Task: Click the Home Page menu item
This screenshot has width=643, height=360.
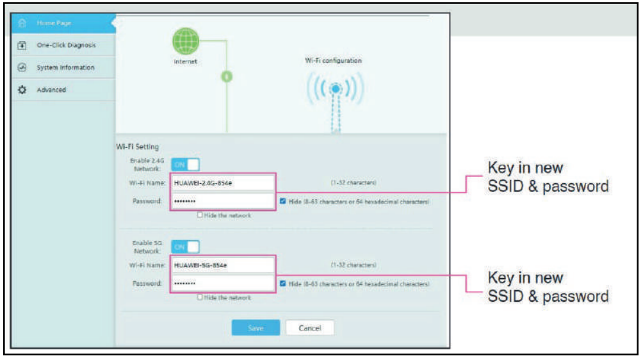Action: (x=54, y=23)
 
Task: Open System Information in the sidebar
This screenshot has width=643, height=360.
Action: (x=65, y=67)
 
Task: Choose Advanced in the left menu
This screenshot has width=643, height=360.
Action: (x=51, y=90)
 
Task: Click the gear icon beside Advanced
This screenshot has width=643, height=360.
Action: (x=22, y=90)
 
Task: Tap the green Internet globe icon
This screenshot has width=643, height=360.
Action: (x=185, y=42)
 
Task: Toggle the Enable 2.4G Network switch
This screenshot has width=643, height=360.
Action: (x=185, y=165)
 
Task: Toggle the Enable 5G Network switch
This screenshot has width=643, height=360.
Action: (x=185, y=247)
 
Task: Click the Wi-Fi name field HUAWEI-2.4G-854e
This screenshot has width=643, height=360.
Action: (x=222, y=183)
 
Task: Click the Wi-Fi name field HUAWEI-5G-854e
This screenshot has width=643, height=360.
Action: (x=222, y=265)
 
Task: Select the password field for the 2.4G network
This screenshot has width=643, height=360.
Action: (x=222, y=201)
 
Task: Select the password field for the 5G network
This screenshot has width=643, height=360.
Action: (x=222, y=283)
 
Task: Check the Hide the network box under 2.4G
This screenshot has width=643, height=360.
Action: (x=200, y=215)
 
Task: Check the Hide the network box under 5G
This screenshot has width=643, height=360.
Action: (x=200, y=297)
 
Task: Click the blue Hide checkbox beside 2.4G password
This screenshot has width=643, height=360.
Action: (x=283, y=201)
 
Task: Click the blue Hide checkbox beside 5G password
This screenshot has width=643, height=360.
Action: (x=283, y=283)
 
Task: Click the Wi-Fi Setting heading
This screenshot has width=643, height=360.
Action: (x=137, y=147)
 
